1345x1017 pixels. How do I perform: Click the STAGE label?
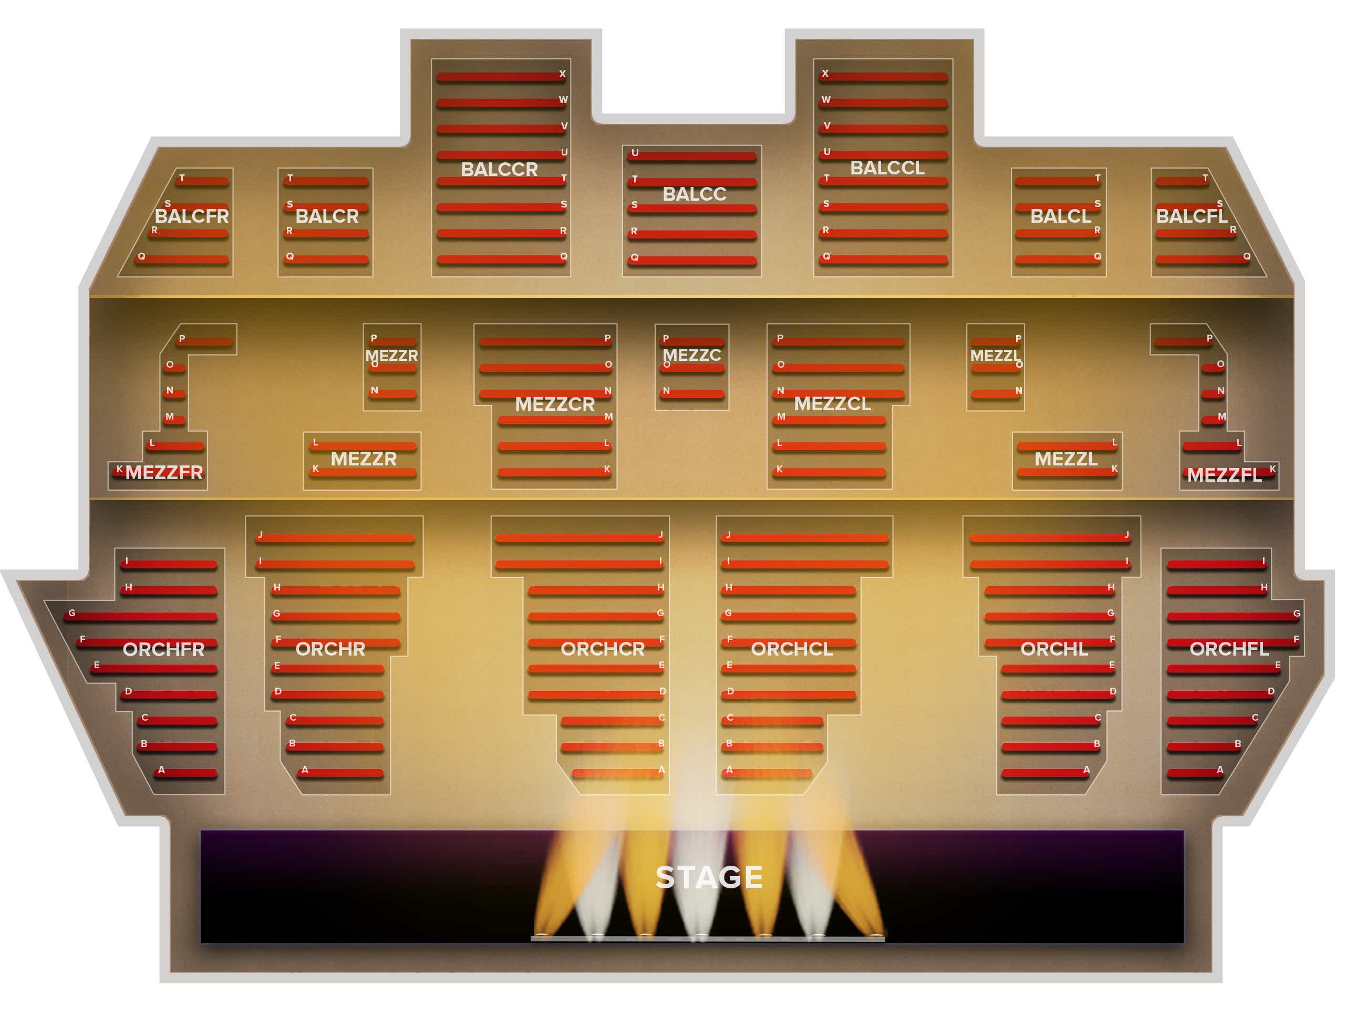coord(709,877)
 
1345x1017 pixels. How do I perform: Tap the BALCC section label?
coord(695,194)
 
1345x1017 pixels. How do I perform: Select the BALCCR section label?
coord(499,169)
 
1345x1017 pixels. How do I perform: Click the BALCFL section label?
coord(1191,216)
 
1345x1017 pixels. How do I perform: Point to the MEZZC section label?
coord(691,355)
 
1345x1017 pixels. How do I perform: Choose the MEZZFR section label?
coord(164,472)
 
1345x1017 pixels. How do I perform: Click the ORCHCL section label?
coord(792,649)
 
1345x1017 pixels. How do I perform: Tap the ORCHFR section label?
coord(163,650)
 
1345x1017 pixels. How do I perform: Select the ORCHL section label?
coord(1054,649)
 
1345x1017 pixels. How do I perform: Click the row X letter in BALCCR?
coord(563,74)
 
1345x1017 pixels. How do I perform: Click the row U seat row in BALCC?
coord(692,156)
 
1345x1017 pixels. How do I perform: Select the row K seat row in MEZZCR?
coord(554,472)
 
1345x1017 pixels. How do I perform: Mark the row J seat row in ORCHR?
coord(335,538)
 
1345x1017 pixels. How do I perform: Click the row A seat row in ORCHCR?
coord(618,773)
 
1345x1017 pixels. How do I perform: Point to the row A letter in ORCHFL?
coord(1220,770)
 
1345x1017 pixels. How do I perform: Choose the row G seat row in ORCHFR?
coord(140,616)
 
